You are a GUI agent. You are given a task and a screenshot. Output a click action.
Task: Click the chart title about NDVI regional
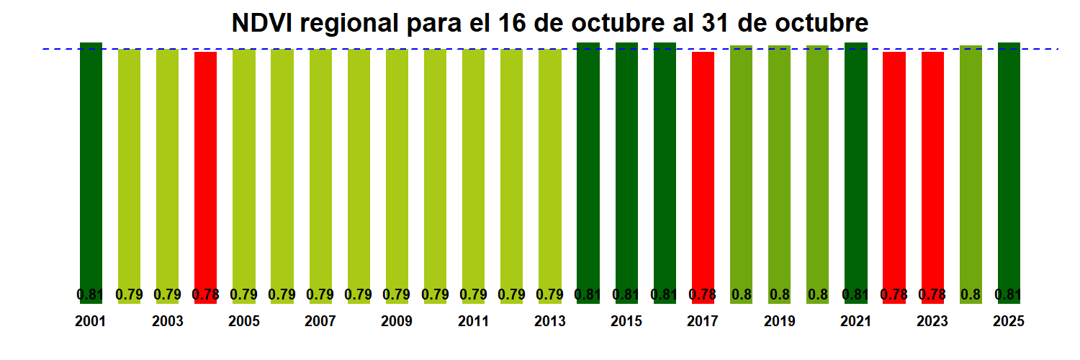[x=550, y=23]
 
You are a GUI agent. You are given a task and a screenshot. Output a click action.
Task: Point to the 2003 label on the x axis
[x=167, y=322]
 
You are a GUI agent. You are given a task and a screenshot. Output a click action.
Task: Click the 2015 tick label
[x=626, y=322]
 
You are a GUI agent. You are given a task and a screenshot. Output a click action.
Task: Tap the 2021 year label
[x=856, y=322]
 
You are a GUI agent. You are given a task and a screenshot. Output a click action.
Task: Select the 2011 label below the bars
[x=473, y=322]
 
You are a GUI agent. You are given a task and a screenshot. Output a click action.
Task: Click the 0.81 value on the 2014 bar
[x=588, y=294]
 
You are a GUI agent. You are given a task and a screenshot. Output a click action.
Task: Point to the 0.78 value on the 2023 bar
[x=932, y=294]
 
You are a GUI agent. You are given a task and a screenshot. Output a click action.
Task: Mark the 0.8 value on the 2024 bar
[x=971, y=294]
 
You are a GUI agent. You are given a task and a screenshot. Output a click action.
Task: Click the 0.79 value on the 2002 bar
[x=129, y=294]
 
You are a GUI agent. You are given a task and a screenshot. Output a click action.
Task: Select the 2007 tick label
[x=320, y=322]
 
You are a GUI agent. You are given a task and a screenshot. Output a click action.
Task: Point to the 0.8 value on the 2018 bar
[x=741, y=294]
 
